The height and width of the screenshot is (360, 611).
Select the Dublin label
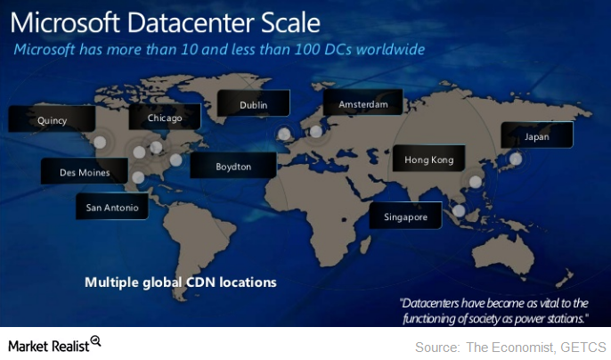253,105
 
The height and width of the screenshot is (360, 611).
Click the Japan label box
537,136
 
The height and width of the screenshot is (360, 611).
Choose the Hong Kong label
429,160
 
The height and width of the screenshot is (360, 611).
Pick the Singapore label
405,217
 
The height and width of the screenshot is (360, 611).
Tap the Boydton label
233,167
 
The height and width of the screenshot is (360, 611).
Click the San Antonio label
112,208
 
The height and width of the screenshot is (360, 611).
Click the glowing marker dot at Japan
514,159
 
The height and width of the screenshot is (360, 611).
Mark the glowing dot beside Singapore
459,211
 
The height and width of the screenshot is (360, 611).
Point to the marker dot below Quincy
101,142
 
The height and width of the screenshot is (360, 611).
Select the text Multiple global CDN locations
181,282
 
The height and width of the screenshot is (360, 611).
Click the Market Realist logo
54,343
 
